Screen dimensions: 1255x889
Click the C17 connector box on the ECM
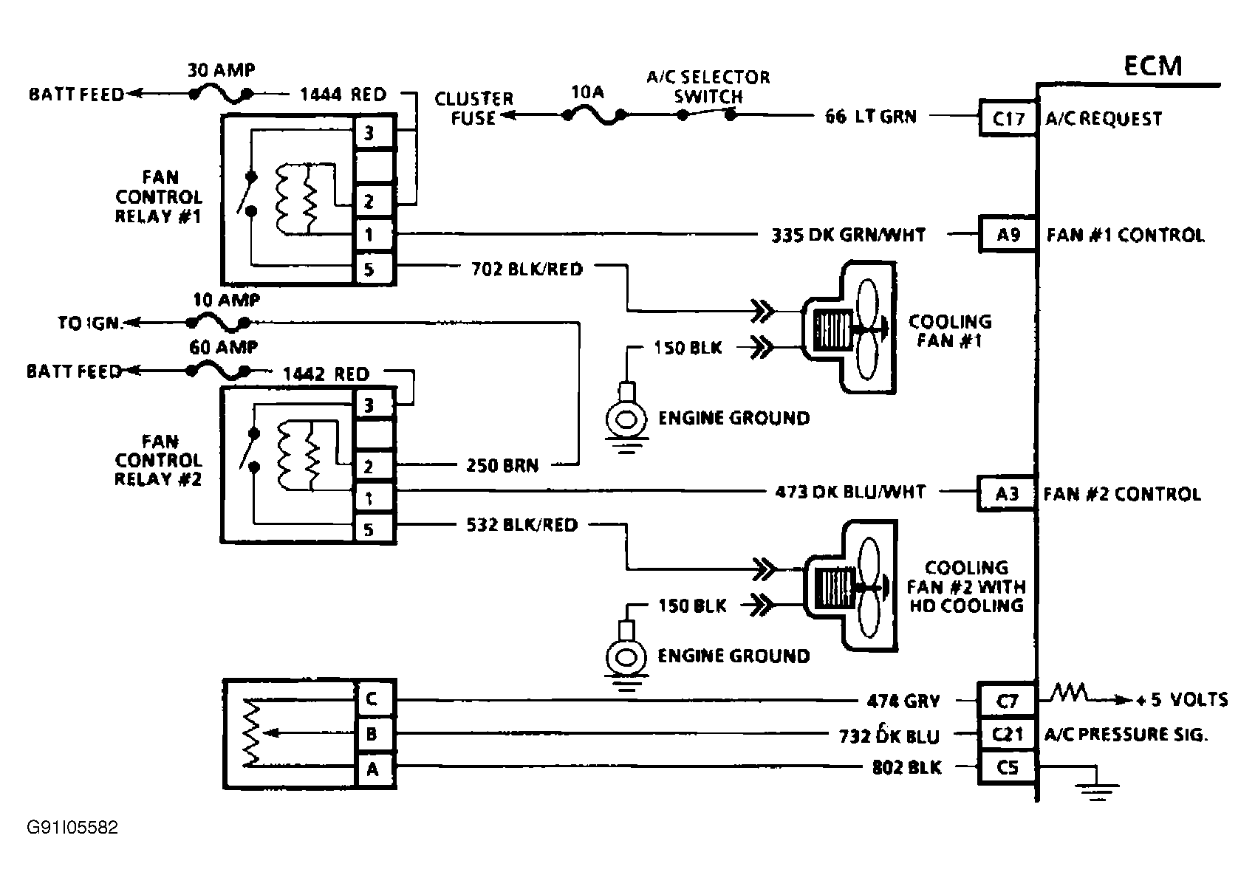(1008, 118)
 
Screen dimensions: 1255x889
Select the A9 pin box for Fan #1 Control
(1008, 234)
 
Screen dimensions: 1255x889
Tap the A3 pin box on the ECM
(1006, 493)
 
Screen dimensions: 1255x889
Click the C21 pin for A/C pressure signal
(1007, 734)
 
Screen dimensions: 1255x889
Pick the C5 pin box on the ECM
(1007, 767)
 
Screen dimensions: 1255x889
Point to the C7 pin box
(1007, 700)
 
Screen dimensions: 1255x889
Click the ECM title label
(1153, 66)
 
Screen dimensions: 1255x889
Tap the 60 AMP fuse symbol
(219, 371)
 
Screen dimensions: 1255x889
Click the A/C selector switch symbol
(706, 115)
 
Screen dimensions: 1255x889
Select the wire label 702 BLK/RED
(527, 270)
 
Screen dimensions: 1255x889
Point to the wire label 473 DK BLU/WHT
(850, 492)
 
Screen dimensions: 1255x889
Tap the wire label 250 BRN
(502, 465)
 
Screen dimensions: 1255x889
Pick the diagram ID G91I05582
(72, 828)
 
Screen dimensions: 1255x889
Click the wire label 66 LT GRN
(871, 117)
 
